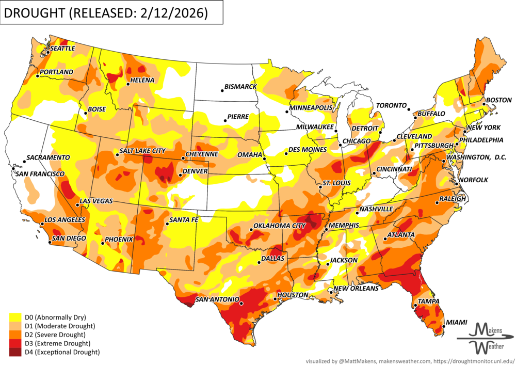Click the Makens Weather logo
[x=485, y=337]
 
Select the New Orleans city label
[x=356, y=289]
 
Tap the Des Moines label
[x=308, y=150]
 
